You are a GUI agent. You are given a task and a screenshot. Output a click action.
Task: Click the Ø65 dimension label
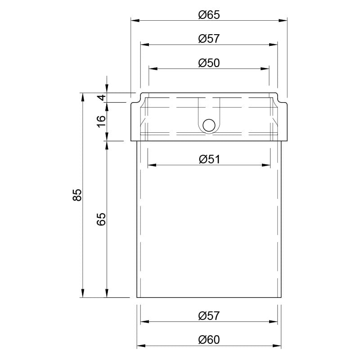click(209, 15)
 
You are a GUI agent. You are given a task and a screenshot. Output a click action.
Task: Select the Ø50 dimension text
click(209, 63)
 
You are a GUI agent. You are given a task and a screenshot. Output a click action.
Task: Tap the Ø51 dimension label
click(209, 159)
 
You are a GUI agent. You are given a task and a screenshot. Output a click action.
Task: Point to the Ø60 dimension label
click(209, 340)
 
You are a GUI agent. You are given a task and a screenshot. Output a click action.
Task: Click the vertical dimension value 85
click(77, 195)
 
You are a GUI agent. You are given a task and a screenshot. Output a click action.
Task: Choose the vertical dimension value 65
click(101, 219)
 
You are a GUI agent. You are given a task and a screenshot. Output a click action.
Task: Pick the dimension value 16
click(101, 121)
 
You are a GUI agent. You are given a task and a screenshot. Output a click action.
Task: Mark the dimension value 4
click(101, 98)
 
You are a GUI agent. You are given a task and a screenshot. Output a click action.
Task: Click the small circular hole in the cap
click(209, 126)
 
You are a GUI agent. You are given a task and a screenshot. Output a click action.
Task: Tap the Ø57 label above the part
click(209, 39)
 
